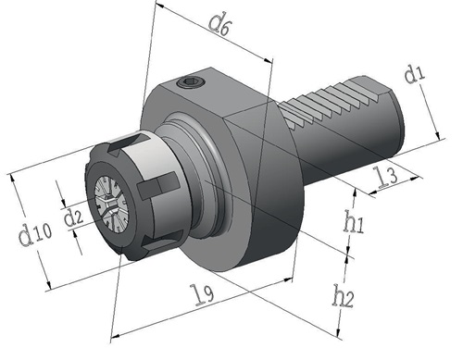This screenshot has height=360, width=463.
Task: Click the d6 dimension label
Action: [x=219, y=24]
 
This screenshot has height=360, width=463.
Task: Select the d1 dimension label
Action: [x=415, y=74]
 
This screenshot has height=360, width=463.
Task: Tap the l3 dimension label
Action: [x=387, y=177]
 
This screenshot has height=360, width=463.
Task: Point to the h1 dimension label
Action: [x=354, y=222]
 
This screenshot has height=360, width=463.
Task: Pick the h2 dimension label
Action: [x=343, y=296]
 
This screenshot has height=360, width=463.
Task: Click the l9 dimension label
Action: [x=203, y=295]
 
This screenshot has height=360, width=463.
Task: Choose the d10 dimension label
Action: [x=35, y=233]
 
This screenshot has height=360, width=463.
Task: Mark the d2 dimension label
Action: [x=73, y=217]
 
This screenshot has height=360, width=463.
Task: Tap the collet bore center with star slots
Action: [x=110, y=203]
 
